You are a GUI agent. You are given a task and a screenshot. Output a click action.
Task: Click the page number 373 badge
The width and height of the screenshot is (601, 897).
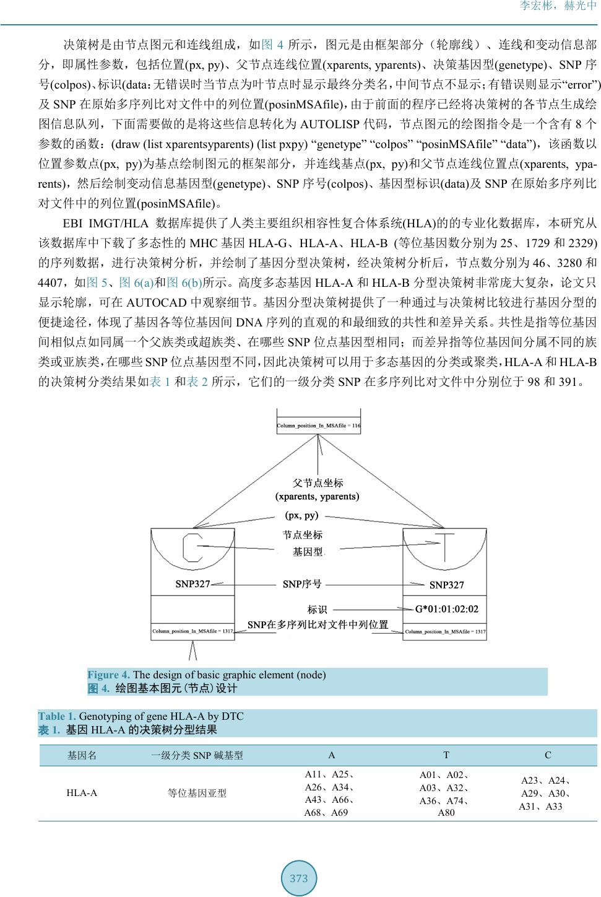[x=299, y=878]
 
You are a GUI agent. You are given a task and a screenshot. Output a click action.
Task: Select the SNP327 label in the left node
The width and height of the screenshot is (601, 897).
[x=192, y=584]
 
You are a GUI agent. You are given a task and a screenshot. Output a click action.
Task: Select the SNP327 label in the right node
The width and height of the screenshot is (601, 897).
[x=446, y=585]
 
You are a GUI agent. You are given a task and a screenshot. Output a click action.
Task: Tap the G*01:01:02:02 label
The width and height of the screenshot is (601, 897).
[x=446, y=609]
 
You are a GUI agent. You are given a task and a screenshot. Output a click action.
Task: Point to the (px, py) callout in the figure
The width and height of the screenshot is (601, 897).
[x=301, y=515]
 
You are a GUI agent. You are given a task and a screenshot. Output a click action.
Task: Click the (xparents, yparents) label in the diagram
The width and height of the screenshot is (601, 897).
[x=317, y=496]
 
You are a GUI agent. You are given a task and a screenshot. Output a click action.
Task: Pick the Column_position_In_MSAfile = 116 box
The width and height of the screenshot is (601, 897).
[x=318, y=426]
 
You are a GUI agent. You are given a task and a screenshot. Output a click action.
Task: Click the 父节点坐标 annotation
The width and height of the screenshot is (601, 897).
[x=318, y=483]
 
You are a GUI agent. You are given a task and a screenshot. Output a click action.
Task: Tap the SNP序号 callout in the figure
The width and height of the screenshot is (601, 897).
[x=302, y=584]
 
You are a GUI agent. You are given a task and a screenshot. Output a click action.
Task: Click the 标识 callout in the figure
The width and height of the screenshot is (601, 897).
[x=317, y=610]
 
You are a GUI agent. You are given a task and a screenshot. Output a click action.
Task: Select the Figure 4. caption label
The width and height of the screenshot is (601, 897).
[x=108, y=675]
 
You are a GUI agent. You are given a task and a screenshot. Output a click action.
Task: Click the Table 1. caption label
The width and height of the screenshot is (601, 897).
[x=58, y=716]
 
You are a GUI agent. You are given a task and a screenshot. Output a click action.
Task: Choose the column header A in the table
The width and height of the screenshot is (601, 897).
[x=332, y=755]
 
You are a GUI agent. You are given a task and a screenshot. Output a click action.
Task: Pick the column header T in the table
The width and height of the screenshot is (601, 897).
[x=446, y=755]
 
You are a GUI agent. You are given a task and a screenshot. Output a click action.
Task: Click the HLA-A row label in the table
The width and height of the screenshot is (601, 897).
[x=82, y=793]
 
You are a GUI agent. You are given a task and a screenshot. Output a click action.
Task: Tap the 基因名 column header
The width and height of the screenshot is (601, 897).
[x=82, y=755]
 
